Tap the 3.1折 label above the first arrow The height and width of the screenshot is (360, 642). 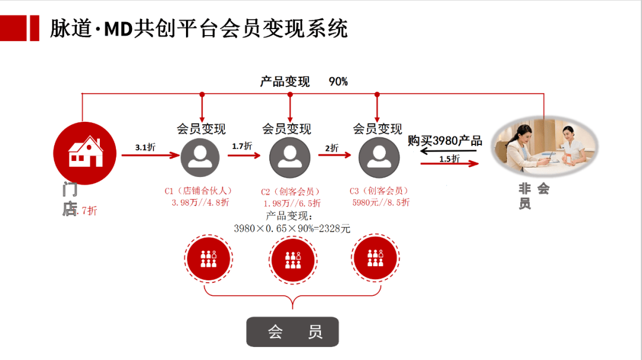click(145, 147)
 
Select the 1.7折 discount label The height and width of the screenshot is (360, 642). click(241, 146)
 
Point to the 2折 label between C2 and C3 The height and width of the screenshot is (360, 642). click(331, 148)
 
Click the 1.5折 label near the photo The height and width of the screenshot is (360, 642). click(449, 159)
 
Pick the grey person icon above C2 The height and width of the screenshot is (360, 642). click(289, 157)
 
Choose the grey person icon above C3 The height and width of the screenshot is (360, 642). click(378, 157)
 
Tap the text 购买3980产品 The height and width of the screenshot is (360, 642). click(445, 141)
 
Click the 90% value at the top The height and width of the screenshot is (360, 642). click(338, 82)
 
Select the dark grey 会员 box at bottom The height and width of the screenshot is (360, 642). click(292, 331)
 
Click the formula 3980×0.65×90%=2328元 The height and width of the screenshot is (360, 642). click(292, 228)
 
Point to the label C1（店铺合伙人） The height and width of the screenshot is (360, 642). click(198, 191)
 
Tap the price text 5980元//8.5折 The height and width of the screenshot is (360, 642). click(380, 203)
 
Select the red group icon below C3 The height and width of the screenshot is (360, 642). click(374, 259)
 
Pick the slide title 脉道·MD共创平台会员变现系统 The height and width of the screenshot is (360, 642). click(198, 29)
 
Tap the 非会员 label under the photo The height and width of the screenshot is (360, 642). click(533, 196)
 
